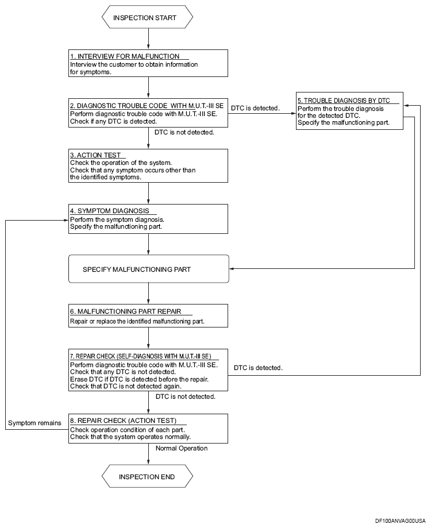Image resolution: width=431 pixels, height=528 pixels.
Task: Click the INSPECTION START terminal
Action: click(148, 17)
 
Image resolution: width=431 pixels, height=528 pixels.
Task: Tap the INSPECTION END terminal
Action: click(148, 476)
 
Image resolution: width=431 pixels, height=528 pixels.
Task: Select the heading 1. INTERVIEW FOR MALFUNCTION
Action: click(125, 56)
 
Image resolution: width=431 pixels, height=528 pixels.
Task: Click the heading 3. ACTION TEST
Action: click(95, 155)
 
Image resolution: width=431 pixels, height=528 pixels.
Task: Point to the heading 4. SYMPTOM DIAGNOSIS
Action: click(109, 211)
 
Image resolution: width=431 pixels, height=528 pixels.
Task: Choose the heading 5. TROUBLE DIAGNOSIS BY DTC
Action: click(344, 101)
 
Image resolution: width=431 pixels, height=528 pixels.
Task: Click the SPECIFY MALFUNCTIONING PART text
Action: click(137, 269)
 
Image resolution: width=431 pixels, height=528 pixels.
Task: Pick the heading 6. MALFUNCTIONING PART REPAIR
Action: click(126, 311)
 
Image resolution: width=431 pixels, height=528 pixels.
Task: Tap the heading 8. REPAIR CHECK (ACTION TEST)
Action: click(123, 421)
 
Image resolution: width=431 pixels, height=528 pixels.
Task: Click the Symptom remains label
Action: click(34, 423)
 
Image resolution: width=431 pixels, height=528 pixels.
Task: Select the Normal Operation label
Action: click(182, 448)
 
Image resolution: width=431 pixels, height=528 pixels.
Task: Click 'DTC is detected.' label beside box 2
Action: click(255, 108)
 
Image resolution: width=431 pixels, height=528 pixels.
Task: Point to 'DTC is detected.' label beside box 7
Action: click(258, 368)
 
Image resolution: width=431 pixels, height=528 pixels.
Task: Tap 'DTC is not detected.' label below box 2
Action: click(184, 132)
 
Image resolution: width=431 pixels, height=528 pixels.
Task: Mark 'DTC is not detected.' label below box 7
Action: click(186, 396)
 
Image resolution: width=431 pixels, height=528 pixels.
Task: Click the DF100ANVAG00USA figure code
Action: click(401, 521)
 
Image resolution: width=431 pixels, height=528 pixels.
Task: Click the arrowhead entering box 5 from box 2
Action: click(293, 114)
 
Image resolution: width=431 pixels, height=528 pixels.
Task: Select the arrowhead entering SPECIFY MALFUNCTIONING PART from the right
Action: click(232, 268)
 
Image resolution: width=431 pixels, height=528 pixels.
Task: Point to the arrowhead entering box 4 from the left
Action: click(66, 220)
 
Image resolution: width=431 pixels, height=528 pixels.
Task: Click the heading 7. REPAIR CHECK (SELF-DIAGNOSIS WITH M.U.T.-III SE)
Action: click(140, 356)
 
